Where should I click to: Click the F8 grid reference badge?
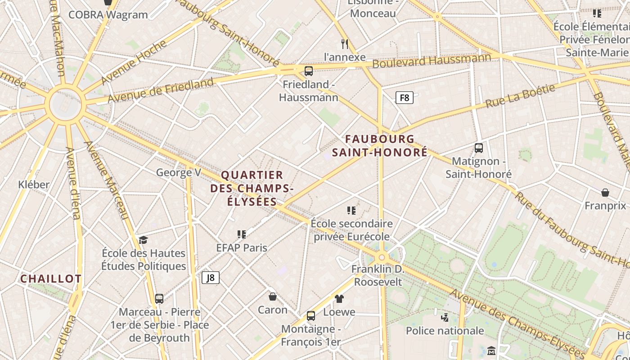click(x=405, y=97)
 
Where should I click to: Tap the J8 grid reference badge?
click(x=211, y=278)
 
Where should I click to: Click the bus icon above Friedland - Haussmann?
click(x=308, y=71)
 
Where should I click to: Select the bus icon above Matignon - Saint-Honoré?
click(x=479, y=148)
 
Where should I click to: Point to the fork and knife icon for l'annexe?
click(x=345, y=44)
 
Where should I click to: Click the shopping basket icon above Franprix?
click(x=605, y=193)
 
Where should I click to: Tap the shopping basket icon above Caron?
click(x=272, y=297)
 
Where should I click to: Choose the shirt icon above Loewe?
click(x=339, y=298)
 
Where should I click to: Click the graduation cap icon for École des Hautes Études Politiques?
click(x=143, y=240)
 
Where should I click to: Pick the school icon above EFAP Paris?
click(x=242, y=234)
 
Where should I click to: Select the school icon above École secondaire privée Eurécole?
click(x=351, y=210)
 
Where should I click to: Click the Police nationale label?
click(x=445, y=331)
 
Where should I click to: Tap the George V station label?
click(x=178, y=172)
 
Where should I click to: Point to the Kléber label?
click(x=34, y=184)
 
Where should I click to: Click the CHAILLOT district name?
click(x=51, y=279)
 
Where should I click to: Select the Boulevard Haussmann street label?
click(x=432, y=61)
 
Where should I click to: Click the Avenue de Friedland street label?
click(x=161, y=90)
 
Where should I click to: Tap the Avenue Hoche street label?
click(x=133, y=63)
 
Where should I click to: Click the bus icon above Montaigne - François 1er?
click(x=311, y=316)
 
